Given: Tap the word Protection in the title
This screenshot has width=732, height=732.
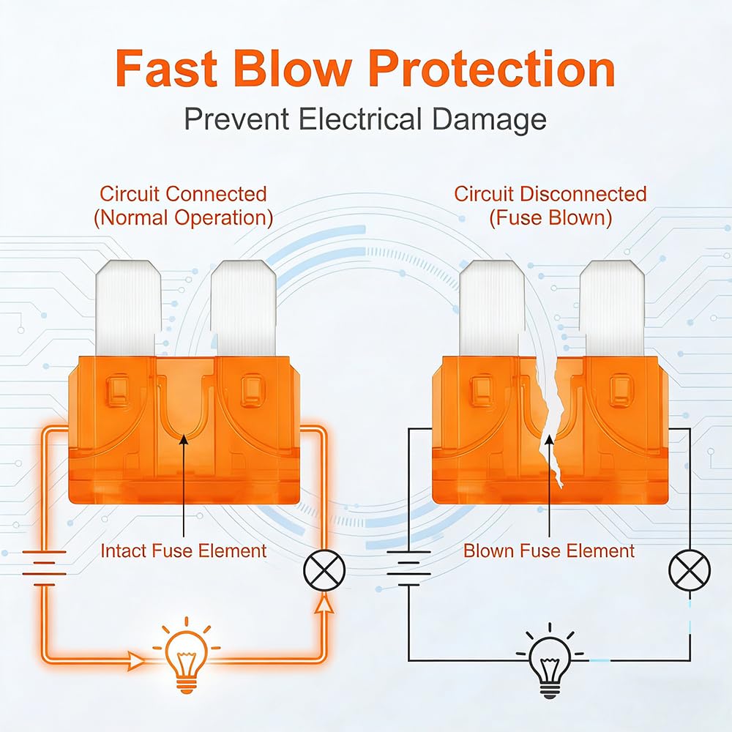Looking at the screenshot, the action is click(491, 70).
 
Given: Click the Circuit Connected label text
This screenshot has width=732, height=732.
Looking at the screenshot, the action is click(183, 194).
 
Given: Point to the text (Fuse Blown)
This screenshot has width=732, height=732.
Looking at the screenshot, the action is click(550, 218).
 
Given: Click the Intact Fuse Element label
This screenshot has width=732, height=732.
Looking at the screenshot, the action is click(183, 550).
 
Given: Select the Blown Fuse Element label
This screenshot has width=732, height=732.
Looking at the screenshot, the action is click(549, 550).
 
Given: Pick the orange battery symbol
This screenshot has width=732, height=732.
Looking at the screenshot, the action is click(45, 567).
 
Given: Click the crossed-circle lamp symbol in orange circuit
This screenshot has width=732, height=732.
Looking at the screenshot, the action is click(321, 569).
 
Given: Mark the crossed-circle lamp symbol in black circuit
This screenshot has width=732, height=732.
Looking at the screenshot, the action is click(689, 569).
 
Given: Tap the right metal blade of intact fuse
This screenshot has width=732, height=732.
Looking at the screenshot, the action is click(242, 311).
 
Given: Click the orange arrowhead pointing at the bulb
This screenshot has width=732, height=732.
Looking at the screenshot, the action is click(138, 660).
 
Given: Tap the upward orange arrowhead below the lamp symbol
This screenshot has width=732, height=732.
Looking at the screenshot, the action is click(321, 602).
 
